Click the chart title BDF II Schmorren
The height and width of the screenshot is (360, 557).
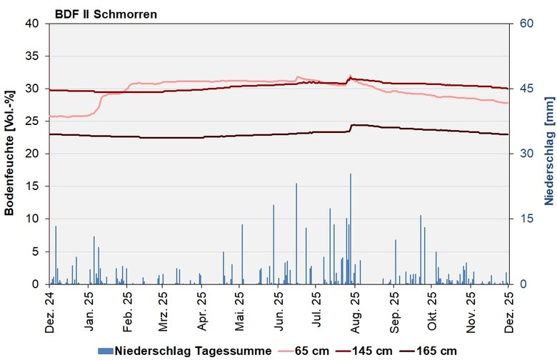tap(106, 14)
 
